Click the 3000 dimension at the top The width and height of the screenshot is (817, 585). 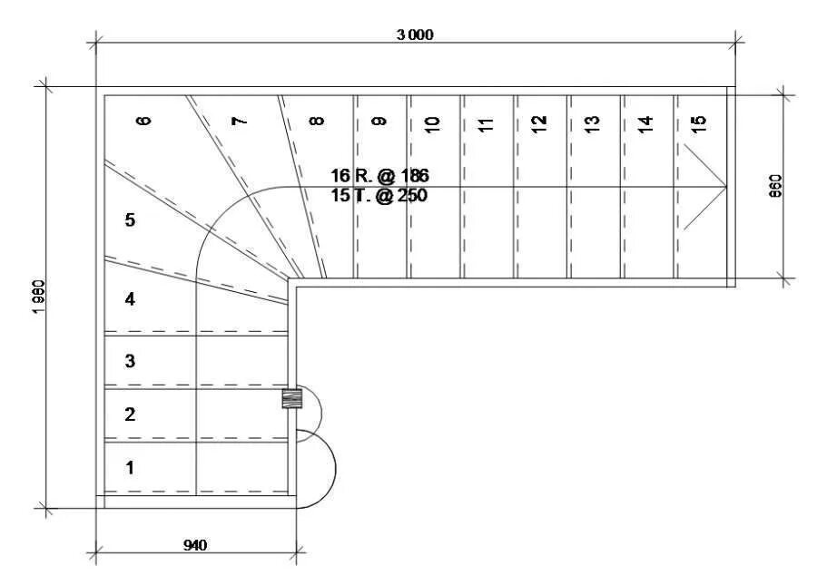coord(415,34)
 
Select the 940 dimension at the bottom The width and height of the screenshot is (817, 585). coord(195,545)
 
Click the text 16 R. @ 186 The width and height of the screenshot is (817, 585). coord(379,175)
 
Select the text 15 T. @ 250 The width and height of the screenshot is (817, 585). coord(379,194)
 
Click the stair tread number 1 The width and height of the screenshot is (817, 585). coord(130,468)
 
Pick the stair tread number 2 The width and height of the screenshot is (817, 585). coord(130,414)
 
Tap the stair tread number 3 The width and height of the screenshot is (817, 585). coord(130,361)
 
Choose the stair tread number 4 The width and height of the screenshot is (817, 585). coord(130,298)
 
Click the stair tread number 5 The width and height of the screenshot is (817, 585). coord(130,220)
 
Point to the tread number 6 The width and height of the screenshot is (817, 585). coord(143,121)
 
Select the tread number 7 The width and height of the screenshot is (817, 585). coord(239,122)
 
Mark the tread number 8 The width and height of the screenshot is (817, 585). coord(317,121)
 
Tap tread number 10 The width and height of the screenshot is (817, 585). coord(432,123)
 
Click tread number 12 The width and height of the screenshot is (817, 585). coord(538,123)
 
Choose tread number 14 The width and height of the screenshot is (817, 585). coord(645,123)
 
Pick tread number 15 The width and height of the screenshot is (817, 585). coord(698,123)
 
